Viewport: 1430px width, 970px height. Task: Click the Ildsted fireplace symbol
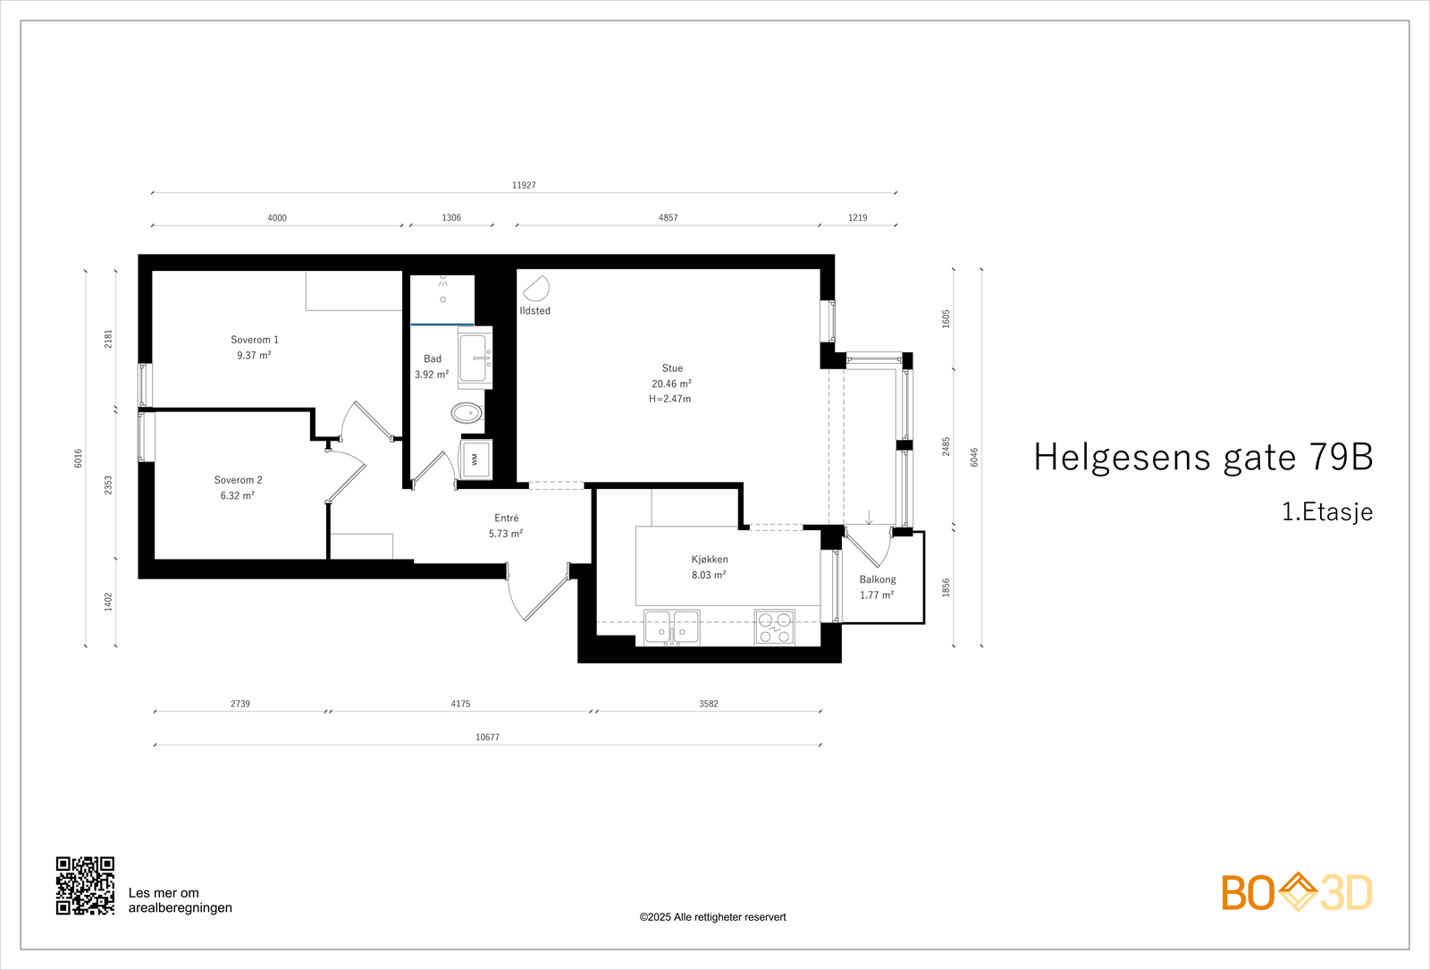[x=535, y=289]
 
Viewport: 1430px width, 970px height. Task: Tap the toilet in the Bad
[x=467, y=412]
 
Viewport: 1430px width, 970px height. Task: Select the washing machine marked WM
[x=475, y=460]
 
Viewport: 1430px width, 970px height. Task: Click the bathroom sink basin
[x=473, y=358]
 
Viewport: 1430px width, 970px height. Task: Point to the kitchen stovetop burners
[x=774, y=627]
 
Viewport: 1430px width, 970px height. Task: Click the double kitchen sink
[x=672, y=626]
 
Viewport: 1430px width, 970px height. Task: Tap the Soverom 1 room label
[x=255, y=340]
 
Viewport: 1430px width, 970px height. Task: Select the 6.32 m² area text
[x=238, y=496]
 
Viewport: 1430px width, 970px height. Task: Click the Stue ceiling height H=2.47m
[x=670, y=400]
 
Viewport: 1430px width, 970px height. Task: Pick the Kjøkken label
[x=710, y=560]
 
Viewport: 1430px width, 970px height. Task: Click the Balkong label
[x=878, y=579]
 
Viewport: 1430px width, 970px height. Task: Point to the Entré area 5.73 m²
[x=506, y=534]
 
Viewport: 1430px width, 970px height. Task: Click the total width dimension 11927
[x=524, y=185]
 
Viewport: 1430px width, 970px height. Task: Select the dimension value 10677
[x=487, y=738]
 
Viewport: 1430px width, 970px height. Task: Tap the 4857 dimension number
[x=669, y=217]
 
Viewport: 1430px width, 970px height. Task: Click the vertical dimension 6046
[x=974, y=457]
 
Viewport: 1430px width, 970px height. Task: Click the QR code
[x=85, y=886]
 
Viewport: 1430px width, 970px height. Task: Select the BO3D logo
[x=1296, y=892]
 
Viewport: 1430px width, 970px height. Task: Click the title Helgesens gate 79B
[x=1203, y=457]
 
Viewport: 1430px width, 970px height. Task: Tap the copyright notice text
[x=712, y=917]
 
